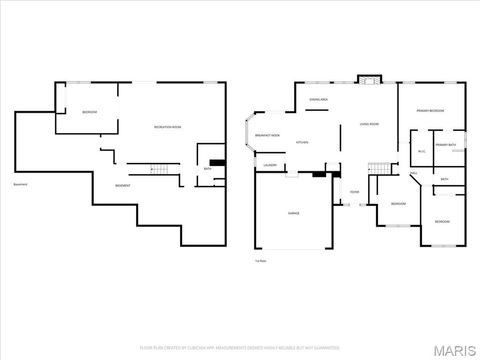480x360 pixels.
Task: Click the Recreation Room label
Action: pos(167,127)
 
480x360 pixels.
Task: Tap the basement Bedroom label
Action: pos(89,112)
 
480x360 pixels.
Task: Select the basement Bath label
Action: pos(207,169)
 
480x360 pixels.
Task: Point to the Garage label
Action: pos(294,213)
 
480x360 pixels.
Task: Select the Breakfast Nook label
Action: pos(267,134)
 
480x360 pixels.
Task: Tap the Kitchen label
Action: pos(302,142)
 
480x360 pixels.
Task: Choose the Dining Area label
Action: pos(319,100)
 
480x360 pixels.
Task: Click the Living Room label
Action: pos(369,125)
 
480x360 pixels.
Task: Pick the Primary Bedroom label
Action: pos(431,111)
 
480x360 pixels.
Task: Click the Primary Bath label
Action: pos(445,146)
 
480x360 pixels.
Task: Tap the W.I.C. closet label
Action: pos(421,152)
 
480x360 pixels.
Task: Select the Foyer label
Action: pos(355,193)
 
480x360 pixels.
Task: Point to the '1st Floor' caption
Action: pos(260,260)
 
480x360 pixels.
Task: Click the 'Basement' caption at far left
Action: pos(19,184)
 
